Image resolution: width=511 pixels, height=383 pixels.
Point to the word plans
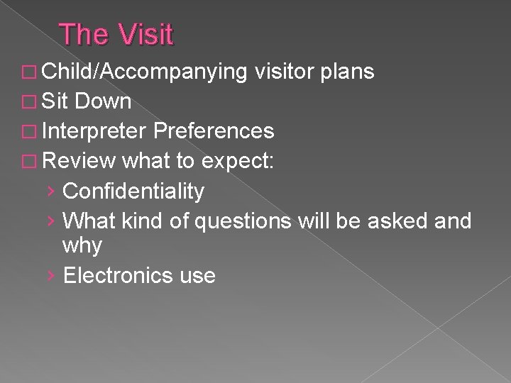(x=348, y=72)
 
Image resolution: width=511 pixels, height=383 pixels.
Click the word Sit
(x=54, y=101)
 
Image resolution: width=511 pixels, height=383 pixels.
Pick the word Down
(x=103, y=101)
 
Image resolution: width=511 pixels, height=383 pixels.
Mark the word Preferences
(x=214, y=131)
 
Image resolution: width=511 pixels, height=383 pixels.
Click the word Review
(x=79, y=161)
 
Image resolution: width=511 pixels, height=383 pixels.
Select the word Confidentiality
(x=133, y=191)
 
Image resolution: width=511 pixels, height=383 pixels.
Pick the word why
(x=82, y=247)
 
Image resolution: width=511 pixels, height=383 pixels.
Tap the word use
(x=197, y=276)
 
